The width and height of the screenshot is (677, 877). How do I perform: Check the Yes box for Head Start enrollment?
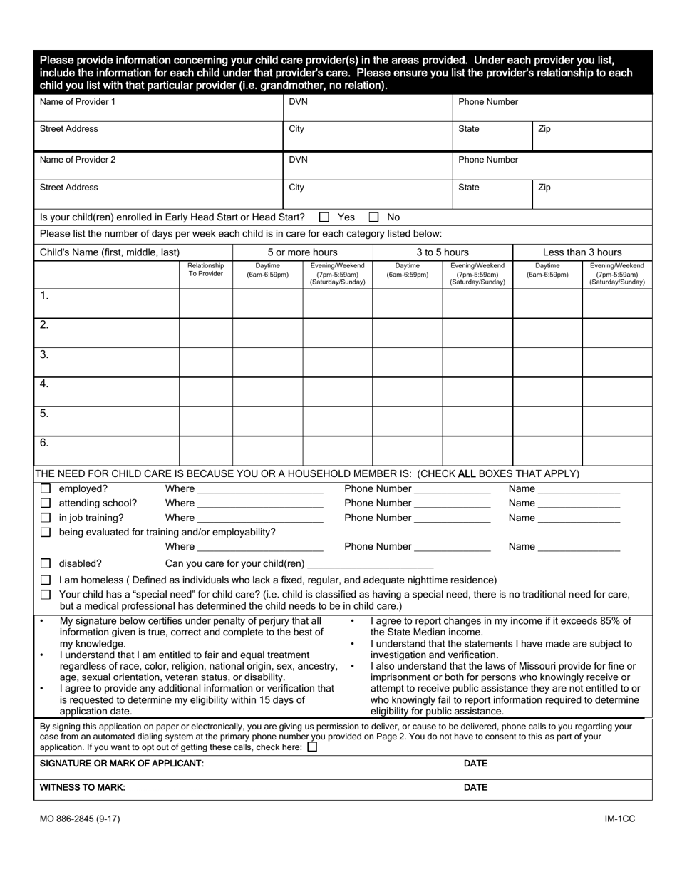(x=324, y=217)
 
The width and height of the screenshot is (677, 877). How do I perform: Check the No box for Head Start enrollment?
(x=373, y=217)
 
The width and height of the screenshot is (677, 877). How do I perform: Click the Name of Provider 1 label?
(x=77, y=102)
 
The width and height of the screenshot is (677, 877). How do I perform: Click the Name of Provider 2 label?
(x=77, y=160)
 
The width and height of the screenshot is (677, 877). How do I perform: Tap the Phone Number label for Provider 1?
(x=488, y=102)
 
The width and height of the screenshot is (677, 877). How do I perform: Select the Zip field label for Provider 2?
(x=544, y=188)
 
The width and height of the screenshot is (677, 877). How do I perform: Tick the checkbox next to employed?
(x=46, y=489)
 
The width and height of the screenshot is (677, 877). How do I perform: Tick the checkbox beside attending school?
(x=46, y=503)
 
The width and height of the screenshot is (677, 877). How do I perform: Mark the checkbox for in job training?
(x=46, y=518)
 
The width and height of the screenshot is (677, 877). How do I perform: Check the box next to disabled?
(x=46, y=563)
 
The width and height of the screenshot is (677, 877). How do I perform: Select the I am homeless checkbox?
(x=46, y=580)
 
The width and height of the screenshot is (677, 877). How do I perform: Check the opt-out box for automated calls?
(x=312, y=747)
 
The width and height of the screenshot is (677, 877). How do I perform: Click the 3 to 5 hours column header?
(x=443, y=252)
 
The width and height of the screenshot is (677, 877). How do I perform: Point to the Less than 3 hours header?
(x=582, y=252)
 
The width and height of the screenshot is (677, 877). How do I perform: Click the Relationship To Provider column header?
(x=205, y=270)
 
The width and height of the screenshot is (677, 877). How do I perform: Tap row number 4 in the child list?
(x=44, y=384)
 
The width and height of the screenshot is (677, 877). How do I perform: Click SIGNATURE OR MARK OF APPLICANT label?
(x=122, y=764)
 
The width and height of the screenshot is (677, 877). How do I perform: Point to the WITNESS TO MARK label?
(x=83, y=788)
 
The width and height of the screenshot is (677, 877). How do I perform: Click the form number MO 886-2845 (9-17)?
(x=80, y=819)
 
